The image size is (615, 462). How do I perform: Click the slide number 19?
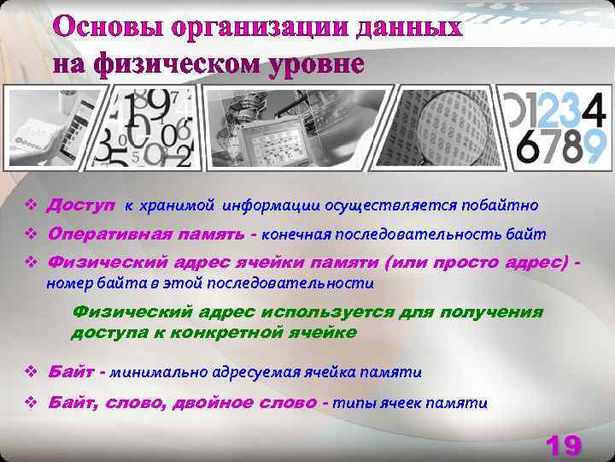tap(562, 445)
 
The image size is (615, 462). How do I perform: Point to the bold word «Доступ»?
tap(81, 205)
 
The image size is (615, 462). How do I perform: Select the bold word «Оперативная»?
tap(108, 234)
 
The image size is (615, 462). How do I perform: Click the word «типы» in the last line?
tap(350, 403)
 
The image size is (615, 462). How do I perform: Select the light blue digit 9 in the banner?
tap(594, 145)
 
